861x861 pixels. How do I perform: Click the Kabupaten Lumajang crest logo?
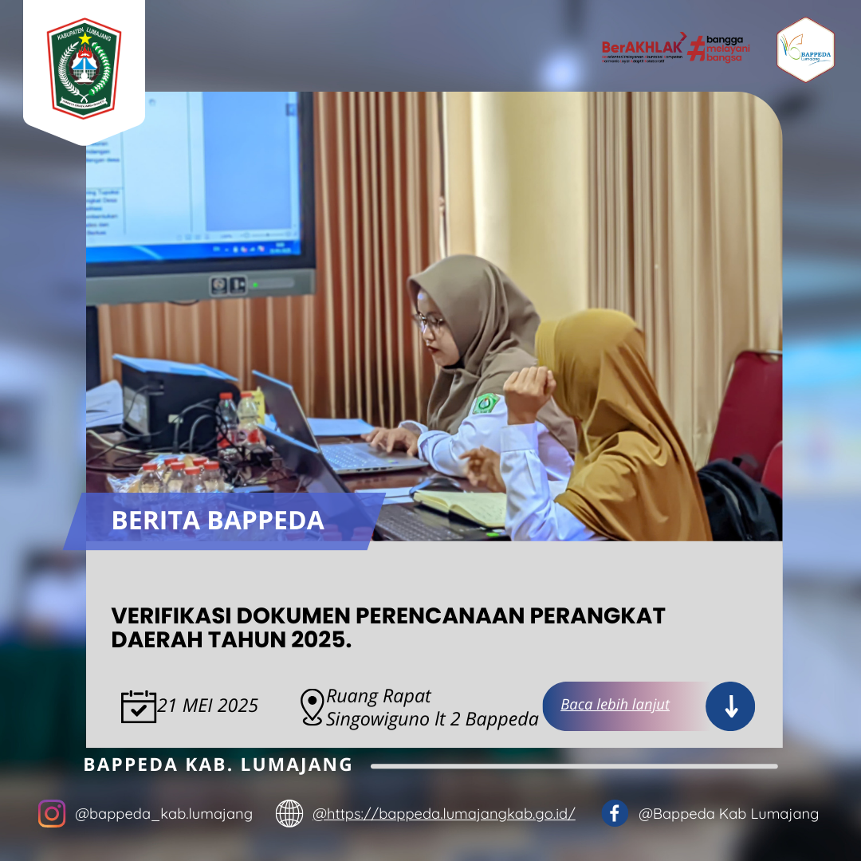pyautogui.click(x=84, y=68)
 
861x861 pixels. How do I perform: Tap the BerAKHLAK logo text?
pyautogui.click(x=642, y=46)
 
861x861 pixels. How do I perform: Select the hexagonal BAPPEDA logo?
pyautogui.click(x=805, y=50)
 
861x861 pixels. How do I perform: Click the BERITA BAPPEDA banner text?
pyautogui.click(x=218, y=521)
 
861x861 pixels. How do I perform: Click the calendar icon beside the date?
pyautogui.click(x=138, y=706)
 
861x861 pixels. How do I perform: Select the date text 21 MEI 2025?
pyautogui.click(x=208, y=706)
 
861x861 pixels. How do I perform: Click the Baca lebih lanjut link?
pyautogui.click(x=615, y=705)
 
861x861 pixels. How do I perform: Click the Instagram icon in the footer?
pyautogui.click(x=52, y=813)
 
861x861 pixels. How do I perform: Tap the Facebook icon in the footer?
pyautogui.click(x=615, y=813)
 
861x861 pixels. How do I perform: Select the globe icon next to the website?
pyautogui.click(x=289, y=813)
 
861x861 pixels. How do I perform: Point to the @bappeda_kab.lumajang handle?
pyautogui.click(x=163, y=814)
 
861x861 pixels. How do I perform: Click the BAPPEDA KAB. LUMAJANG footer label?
pyautogui.click(x=218, y=765)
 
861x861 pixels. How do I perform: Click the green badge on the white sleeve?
pyautogui.click(x=484, y=403)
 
